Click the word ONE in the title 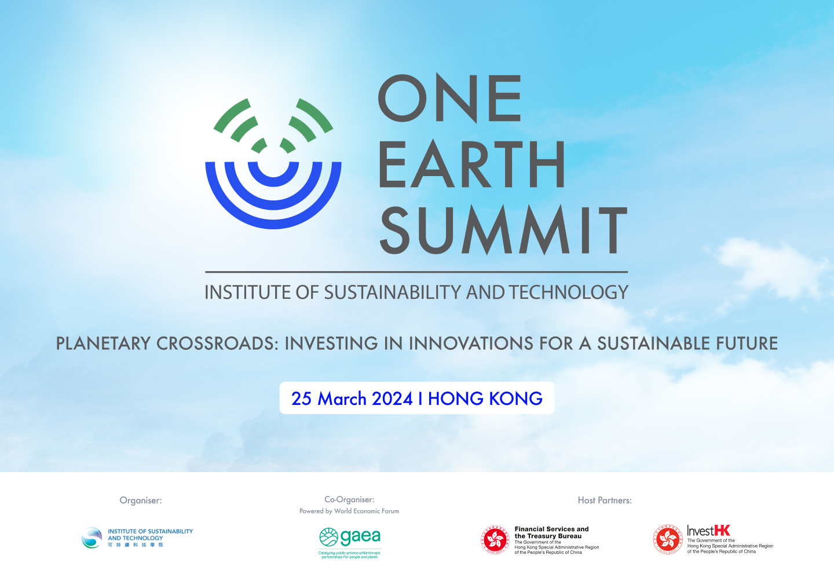click(x=450, y=98)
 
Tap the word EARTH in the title click(x=472, y=165)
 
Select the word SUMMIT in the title click(x=503, y=231)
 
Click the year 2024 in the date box click(x=392, y=399)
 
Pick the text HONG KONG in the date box click(x=485, y=399)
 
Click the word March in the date click(x=342, y=399)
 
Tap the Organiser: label click(x=141, y=500)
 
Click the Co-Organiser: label click(x=349, y=499)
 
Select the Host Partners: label click(x=605, y=500)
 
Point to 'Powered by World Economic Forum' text click(x=349, y=511)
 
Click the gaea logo click(x=350, y=538)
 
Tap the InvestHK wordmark click(x=708, y=531)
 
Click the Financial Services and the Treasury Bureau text click(x=551, y=532)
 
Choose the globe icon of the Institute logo click(x=92, y=538)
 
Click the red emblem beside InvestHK click(x=668, y=540)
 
